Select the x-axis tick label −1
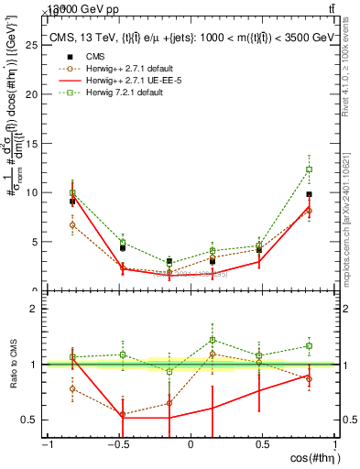click(45, 445)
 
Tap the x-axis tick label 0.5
click(263, 445)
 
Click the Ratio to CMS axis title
click(13, 364)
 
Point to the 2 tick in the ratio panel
click(35, 309)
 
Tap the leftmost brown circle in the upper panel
click(72, 224)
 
